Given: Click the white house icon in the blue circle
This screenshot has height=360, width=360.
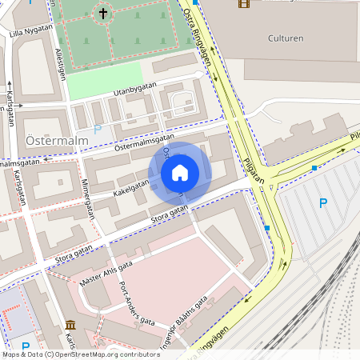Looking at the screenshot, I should click(179, 172).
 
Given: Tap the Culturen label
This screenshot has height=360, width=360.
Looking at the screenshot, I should click(285, 38).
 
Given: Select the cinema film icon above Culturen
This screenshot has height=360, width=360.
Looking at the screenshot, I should click(243, 3).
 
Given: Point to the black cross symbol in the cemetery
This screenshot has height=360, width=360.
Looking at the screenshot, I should click(102, 13).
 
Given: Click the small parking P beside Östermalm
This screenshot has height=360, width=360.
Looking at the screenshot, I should click(98, 128).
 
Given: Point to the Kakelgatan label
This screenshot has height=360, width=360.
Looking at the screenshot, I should click(131, 187).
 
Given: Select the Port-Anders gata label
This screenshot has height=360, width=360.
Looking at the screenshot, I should click(136, 304).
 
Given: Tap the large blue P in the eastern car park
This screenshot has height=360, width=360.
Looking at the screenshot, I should click(323, 203).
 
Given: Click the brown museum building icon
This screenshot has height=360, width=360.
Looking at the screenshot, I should click(70, 325).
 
